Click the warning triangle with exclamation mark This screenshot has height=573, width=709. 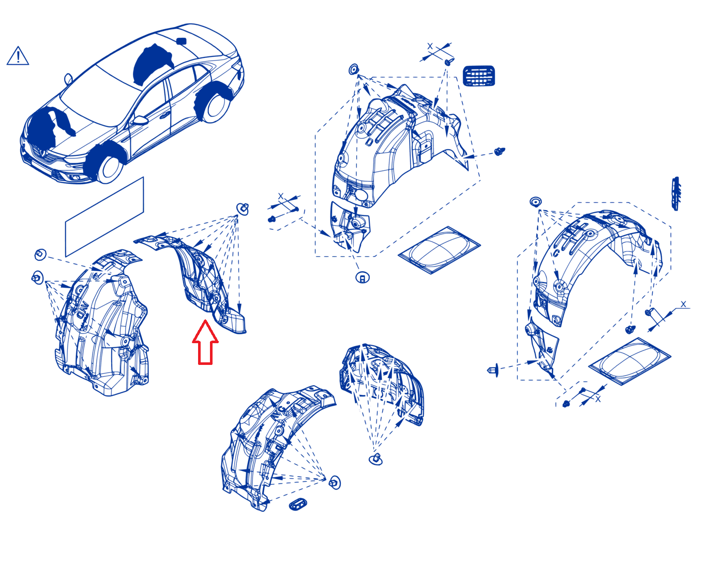tap(18, 56)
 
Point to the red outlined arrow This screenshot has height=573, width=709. tap(205, 343)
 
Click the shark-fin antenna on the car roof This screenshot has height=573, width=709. tap(181, 41)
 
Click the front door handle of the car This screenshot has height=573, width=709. tap(164, 115)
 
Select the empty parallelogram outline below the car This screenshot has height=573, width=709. tap(104, 217)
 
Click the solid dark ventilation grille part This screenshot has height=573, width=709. tap(479, 76)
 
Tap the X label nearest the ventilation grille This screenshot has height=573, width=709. tap(430, 46)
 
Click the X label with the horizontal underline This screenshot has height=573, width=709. tap(683, 304)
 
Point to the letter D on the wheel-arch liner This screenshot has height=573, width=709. tap(369, 141)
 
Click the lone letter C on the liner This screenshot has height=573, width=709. tap(555, 253)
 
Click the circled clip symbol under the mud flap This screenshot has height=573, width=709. tap(362, 277)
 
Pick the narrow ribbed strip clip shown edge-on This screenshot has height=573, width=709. tap(676, 194)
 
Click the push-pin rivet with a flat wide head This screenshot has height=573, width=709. tap(493, 370)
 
